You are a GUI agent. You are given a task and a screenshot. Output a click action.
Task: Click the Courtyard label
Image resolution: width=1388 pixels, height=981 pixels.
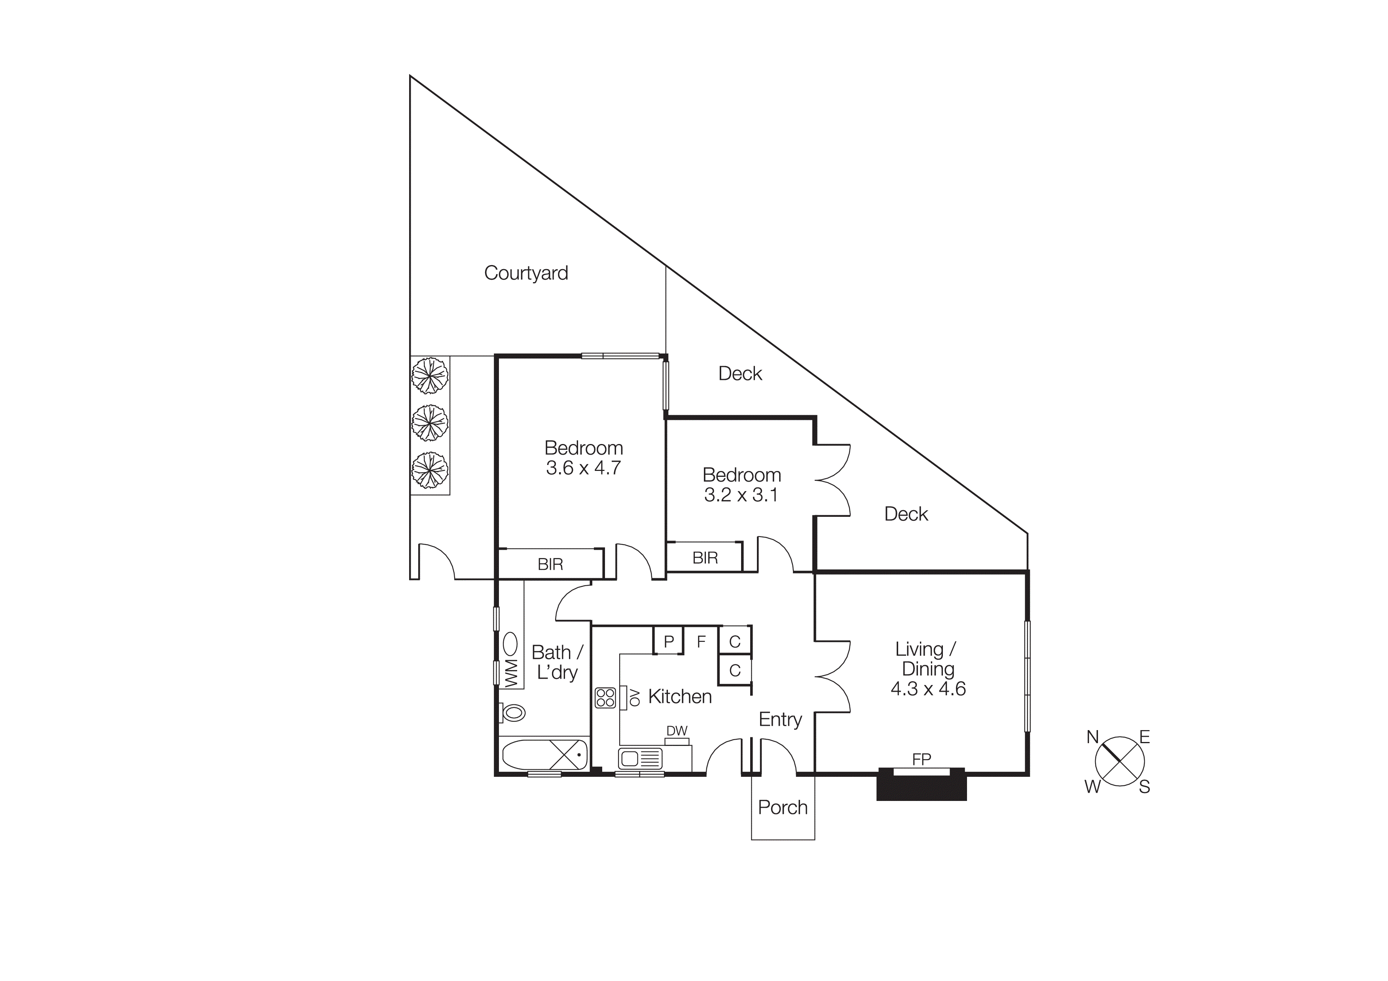[x=525, y=273]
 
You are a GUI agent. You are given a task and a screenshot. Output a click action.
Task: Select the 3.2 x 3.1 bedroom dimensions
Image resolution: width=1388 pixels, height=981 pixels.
[x=741, y=495]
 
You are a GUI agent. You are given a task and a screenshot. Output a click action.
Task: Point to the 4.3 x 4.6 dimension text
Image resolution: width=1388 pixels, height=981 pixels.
[x=927, y=689]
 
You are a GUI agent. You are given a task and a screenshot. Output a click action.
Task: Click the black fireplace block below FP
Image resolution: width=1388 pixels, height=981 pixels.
[x=921, y=788]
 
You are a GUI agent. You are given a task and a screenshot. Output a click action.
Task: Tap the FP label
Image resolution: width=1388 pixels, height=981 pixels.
[x=921, y=759]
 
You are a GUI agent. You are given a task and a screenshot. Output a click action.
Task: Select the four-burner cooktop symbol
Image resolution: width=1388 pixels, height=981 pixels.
[x=605, y=698]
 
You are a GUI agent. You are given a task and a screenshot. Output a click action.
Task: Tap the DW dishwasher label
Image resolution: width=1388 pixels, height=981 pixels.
[x=677, y=731]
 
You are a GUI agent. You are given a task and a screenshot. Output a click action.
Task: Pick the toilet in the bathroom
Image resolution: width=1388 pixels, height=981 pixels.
[x=513, y=713]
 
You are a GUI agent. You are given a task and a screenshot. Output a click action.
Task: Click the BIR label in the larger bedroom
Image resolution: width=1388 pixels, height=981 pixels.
[x=550, y=565]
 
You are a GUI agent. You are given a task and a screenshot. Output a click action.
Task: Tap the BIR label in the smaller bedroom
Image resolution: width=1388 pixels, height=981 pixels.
[x=705, y=558]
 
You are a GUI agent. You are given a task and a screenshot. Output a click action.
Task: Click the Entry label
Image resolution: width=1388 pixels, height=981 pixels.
[x=780, y=719]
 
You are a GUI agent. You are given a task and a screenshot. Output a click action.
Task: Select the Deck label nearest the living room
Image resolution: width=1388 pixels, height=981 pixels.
[x=906, y=514]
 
